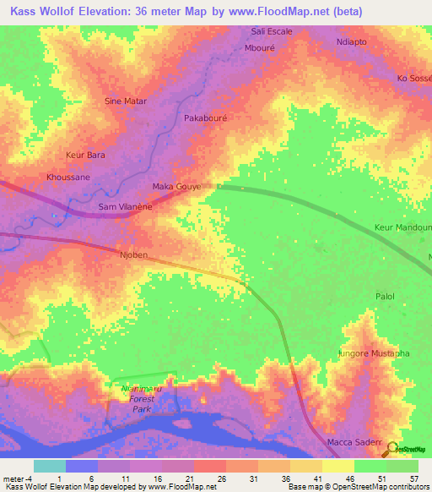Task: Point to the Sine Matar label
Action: (125, 101)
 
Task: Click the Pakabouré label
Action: (208, 118)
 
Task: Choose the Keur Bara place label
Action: (85, 156)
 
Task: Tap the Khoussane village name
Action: (67, 178)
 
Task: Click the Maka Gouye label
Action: (176, 186)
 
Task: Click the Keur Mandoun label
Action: (402, 227)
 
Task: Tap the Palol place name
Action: (384, 297)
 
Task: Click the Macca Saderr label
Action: (354, 443)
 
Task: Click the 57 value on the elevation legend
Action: (414, 478)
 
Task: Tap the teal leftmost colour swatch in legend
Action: (49, 466)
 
